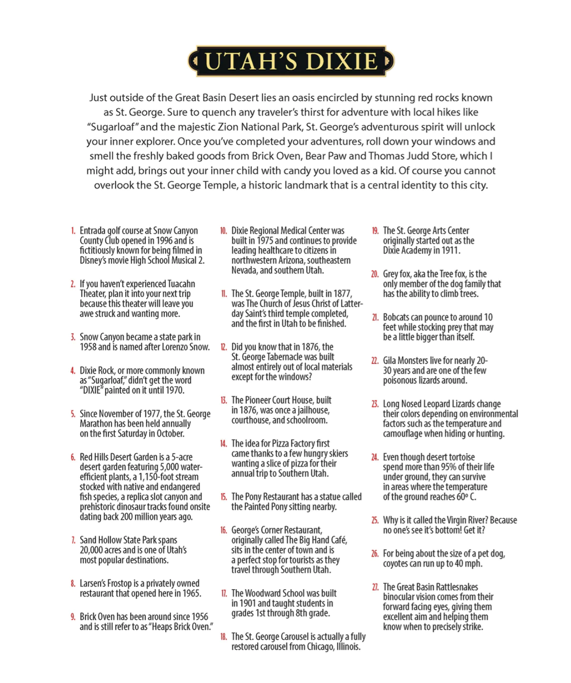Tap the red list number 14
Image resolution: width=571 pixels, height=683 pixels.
tap(223, 444)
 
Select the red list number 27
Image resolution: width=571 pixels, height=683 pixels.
tap(375, 587)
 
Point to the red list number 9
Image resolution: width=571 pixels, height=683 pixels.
tap(73, 617)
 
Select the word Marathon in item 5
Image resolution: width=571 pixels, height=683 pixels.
tap(96, 424)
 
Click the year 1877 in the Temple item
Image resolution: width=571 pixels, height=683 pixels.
tap(342, 294)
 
